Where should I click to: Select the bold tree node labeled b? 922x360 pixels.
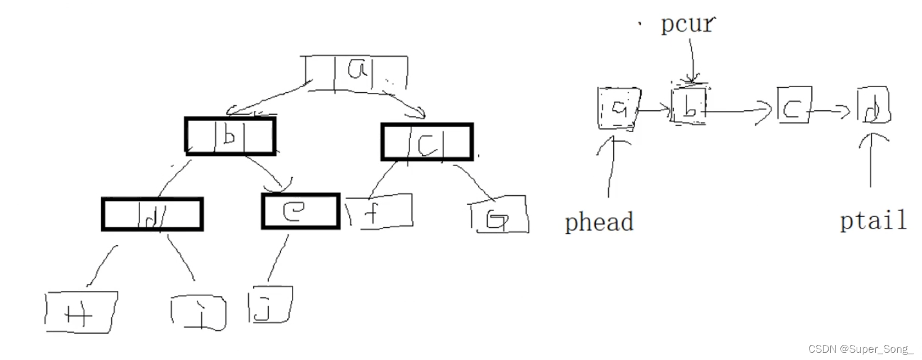pyautogui.click(x=230, y=136)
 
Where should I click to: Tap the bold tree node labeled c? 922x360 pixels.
pyautogui.click(x=427, y=142)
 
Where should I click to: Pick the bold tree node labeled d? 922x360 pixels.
pyautogui.click(x=152, y=214)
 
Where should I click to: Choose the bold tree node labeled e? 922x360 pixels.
pyautogui.click(x=300, y=211)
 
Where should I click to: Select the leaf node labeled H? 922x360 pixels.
pyautogui.click(x=80, y=312)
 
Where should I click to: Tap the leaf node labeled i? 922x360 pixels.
pyautogui.click(x=199, y=312)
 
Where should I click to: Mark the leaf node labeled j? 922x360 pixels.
pyautogui.click(x=270, y=304)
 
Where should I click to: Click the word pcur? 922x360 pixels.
pyautogui.click(x=687, y=24)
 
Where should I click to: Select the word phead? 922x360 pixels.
pyautogui.click(x=599, y=222)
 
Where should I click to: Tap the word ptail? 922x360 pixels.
pyautogui.click(x=873, y=220)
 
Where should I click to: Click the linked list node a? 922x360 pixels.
pyautogui.click(x=618, y=109)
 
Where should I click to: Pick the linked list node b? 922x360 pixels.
pyautogui.click(x=689, y=105)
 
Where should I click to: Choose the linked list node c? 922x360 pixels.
pyautogui.click(x=794, y=105)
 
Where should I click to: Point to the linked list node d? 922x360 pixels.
pyautogui.click(x=873, y=105)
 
